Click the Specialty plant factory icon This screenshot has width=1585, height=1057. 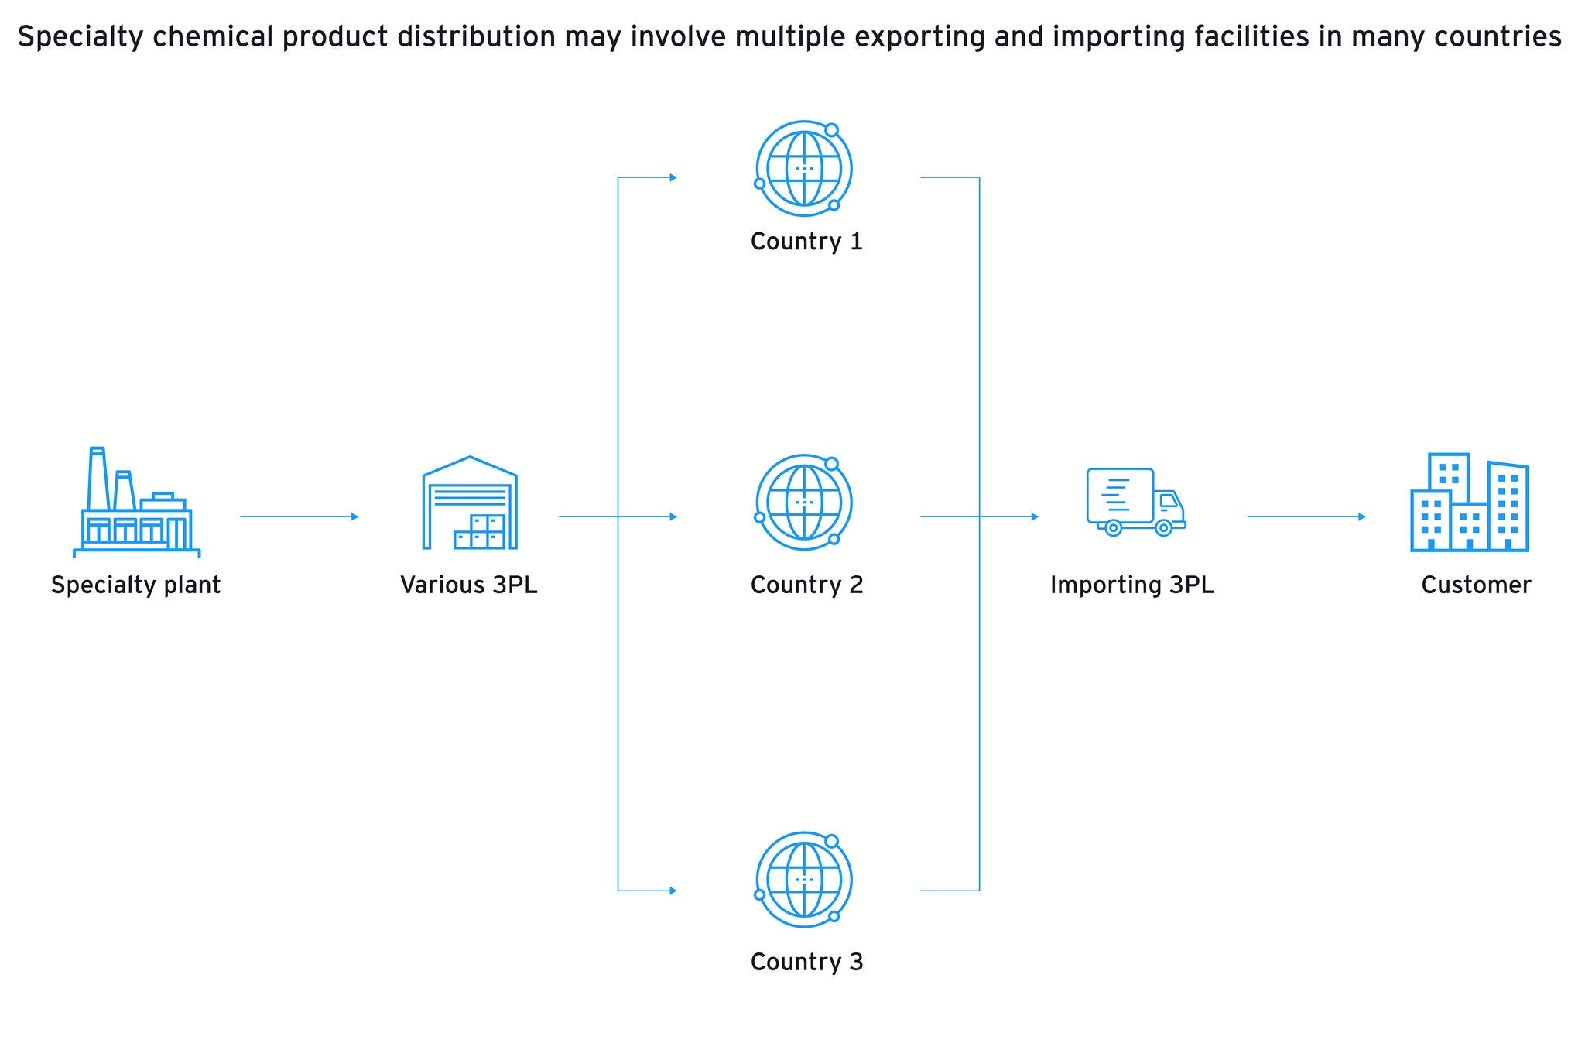(x=136, y=503)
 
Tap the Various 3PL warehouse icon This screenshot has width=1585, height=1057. (x=470, y=503)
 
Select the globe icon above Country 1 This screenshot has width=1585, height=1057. (x=803, y=168)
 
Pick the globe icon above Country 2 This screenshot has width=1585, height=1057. (x=803, y=503)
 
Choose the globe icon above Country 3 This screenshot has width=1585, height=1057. (x=803, y=880)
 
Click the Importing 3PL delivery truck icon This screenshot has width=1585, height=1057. (x=1135, y=502)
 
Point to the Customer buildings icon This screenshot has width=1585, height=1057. (x=1469, y=503)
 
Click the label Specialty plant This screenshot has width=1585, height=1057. (x=136, y=585)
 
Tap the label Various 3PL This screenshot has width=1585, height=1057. (x=469, y=585)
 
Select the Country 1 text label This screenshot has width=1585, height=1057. (x=806, y=242)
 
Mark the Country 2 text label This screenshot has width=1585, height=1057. (x=806, y=585)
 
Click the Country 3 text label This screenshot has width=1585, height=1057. (x=806, y=962)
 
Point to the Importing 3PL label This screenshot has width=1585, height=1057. (x=1132, y=585)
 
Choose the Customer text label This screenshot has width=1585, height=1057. (x=1476, y=585)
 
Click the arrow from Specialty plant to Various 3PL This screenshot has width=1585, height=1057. (x=299, y=516)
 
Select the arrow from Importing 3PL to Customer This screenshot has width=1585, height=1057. (x=1306, y=516)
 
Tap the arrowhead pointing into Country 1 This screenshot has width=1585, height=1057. (x=673, y=177)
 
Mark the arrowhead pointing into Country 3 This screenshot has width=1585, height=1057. (x=673, y=891)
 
